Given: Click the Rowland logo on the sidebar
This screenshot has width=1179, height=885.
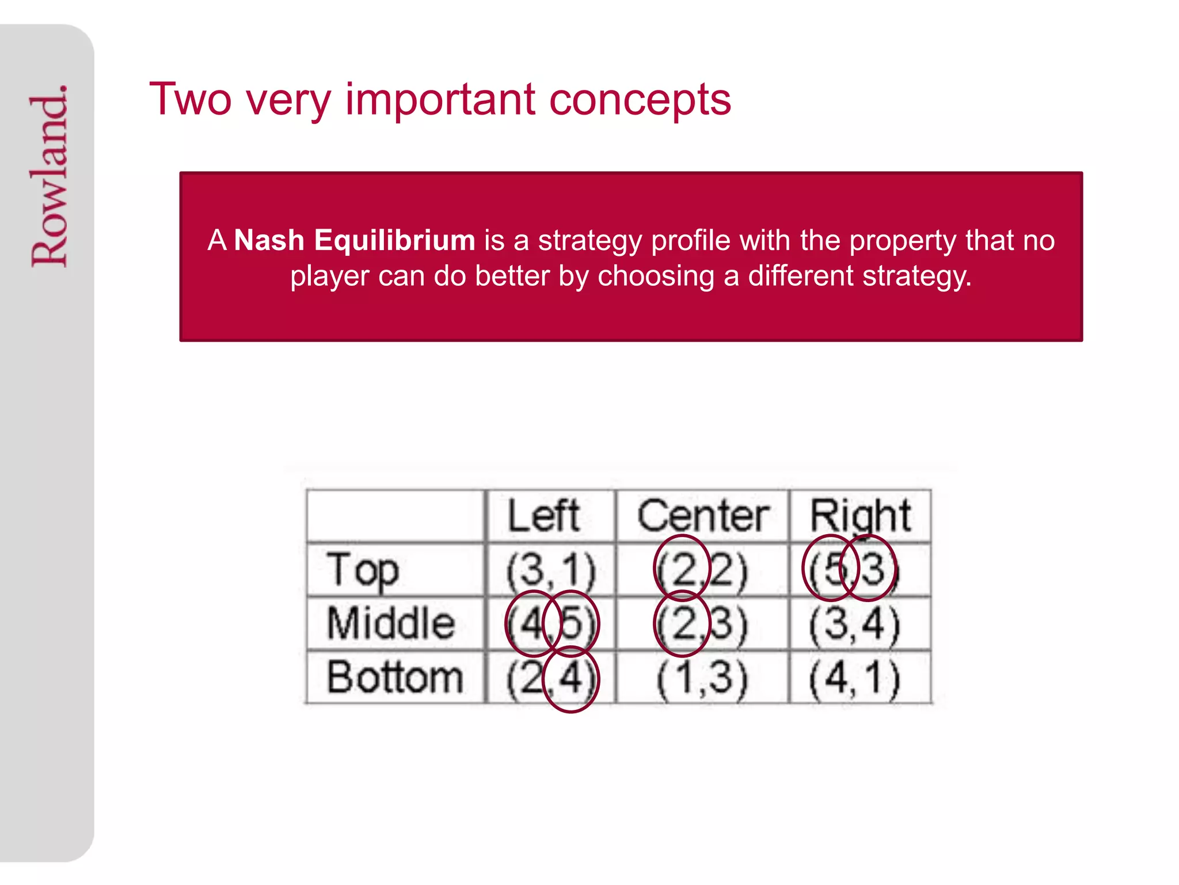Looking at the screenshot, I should [50, 176].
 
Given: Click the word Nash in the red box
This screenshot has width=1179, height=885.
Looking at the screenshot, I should [269, 240].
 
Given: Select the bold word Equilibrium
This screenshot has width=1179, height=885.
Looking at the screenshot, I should [394, 240].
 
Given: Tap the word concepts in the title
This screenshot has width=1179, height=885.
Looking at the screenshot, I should [640, 100].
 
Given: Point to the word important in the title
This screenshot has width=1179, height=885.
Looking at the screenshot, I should [440, 100].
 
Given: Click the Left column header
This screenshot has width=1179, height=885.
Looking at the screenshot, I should [543, 516].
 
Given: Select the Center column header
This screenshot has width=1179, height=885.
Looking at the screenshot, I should [702, 516].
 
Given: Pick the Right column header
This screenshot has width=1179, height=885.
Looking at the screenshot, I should [860, 516].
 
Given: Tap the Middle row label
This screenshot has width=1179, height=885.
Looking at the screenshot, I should [391, 623].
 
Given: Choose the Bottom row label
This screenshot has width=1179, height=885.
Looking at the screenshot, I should [395, 677].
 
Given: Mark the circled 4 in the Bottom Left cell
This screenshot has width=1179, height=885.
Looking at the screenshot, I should [571, 679].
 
